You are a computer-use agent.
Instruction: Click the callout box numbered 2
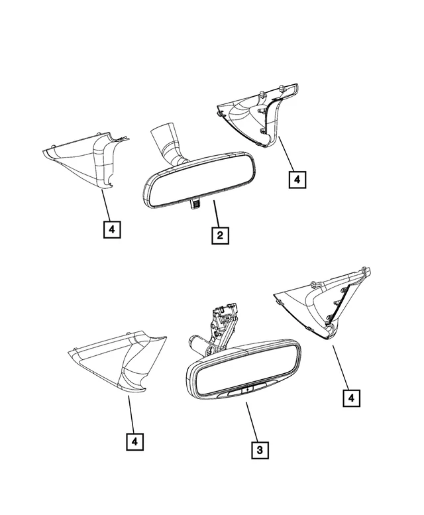tap(220, 235)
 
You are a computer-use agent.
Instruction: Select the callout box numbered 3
tap(260, 450)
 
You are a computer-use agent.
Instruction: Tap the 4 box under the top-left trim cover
tap(112, 229)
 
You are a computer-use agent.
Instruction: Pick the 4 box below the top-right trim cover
tap(297, 180)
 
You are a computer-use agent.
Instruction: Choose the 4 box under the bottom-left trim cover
tap(135, 441)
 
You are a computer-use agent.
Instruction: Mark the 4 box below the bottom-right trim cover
tap(352, 398)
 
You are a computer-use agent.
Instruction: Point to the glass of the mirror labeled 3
tap(244, 369)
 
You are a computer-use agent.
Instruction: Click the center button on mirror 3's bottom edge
tap(247, 390)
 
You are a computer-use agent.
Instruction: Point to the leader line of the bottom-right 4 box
tap(341, 367)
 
